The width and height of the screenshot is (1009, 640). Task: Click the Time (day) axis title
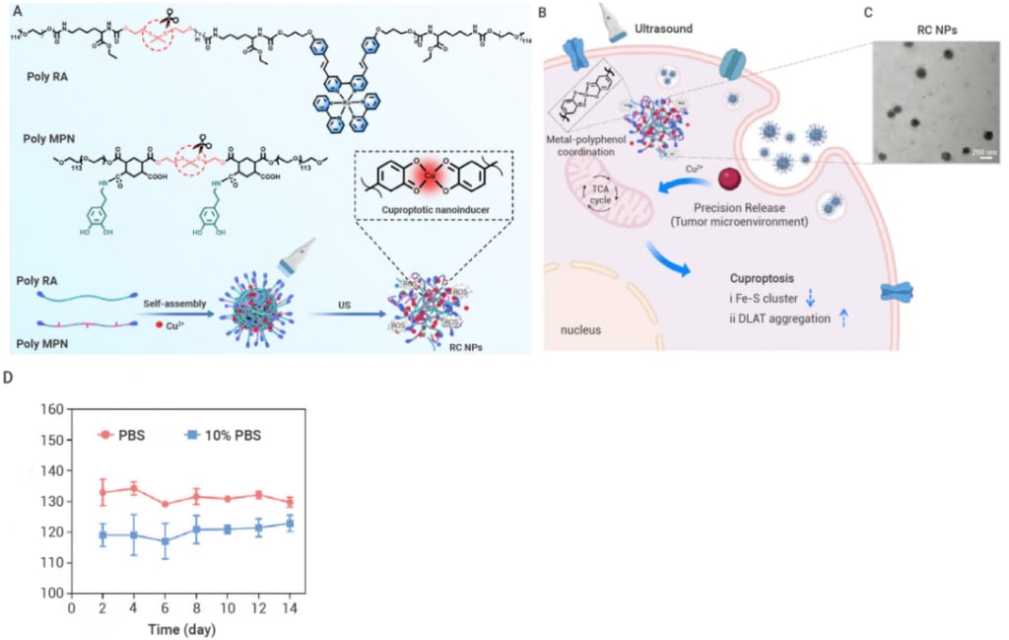click(182, 628)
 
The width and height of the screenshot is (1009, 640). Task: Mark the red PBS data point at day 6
click(164, 504)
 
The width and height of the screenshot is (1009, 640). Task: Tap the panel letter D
click(9, 378)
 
